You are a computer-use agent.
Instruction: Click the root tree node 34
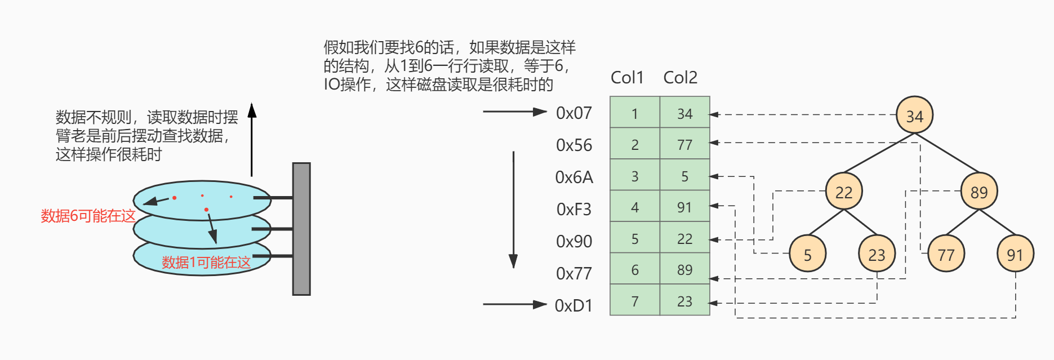pos(914,115)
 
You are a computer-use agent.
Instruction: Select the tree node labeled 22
pos(843,192)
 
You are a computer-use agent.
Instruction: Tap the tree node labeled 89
pos(979,192)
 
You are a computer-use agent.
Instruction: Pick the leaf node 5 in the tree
pos(807,254)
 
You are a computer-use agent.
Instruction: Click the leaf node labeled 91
pos(1015,254)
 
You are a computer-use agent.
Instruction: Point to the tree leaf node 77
pos(946,254)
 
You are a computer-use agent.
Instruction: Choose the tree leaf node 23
pos(877,254)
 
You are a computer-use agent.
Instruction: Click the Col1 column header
pos(627,78)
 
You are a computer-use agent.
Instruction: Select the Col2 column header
pos(680,78)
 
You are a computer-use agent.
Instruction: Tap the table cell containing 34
pos(684,113)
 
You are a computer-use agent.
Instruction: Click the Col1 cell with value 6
pos(635,269)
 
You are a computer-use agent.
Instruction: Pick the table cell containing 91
pos(684,207)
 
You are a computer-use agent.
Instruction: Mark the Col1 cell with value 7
pos(635,301)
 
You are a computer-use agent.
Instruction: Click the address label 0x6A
pos(574,177)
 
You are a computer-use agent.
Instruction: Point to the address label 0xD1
pos(573,305)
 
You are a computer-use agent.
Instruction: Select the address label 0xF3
pos(574,210)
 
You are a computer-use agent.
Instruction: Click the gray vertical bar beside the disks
pos(301,229)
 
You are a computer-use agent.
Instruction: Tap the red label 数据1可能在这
pos(206,263)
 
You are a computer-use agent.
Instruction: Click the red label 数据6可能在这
pos(88,216)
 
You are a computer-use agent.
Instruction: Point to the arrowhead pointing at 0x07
pos(541,112)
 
